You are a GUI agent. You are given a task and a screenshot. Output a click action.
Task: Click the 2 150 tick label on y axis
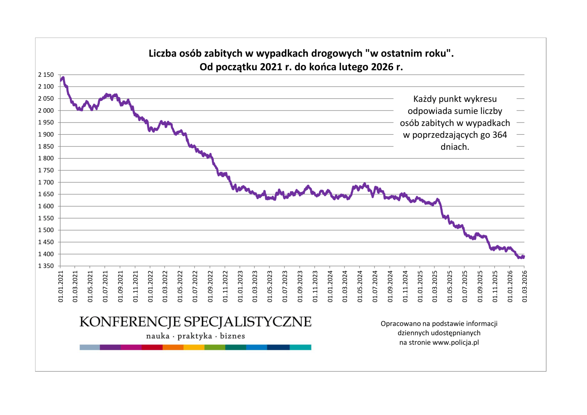(x=46, y=75)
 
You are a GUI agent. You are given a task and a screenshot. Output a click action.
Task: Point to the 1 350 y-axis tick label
(x=46, y=266)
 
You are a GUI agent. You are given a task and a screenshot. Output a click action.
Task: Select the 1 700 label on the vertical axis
(x=46, y=182)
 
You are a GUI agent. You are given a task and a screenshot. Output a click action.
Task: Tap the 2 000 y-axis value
(x=46, y=111)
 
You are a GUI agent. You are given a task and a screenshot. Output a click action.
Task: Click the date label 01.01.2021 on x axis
(x=61, y=286)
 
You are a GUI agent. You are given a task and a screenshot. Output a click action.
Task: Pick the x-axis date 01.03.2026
(x=525, y=286)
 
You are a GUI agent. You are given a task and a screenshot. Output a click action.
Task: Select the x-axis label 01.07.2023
(x=285, y=286)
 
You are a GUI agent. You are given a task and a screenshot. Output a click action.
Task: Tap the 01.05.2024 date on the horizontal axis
(x=360, y=286)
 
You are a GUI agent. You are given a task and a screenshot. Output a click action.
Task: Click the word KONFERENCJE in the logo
(x=130, y=322)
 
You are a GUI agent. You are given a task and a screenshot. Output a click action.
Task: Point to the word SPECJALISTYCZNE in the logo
(x=248, y=322)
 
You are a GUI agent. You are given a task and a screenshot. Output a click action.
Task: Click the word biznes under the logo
(x=232, y=336)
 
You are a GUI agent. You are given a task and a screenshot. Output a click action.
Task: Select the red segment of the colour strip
(x=152, y=347)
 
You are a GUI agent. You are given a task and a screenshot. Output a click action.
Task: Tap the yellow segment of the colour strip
(x=194, y=347)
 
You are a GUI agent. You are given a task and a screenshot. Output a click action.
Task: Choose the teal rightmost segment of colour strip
(x=300, y=347)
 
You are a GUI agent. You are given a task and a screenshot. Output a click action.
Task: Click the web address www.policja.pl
(x=456, y=343)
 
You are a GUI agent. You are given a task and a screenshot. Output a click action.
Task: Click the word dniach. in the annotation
(x=455, y=147)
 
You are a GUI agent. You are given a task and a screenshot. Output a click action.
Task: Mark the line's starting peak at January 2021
(x=63, y=78)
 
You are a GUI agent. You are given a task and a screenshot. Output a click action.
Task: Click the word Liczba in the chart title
(x=162, y=53)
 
